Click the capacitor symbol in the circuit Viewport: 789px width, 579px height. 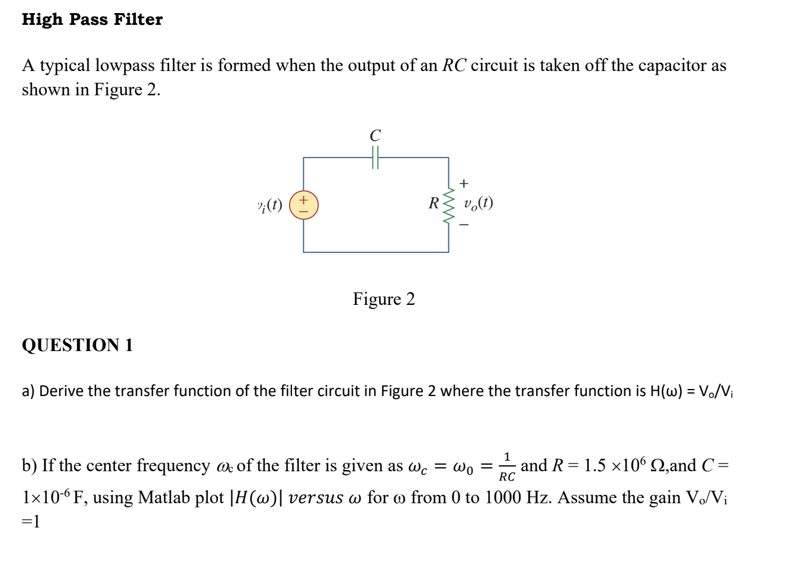[375, 158]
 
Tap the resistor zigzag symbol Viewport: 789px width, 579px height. [449, 205]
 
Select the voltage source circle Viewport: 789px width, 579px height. [303, 205]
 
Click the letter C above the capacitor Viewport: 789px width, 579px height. [375, 136]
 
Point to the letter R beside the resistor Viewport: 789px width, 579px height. [434, 204]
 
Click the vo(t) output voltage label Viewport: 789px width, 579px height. [479, 204]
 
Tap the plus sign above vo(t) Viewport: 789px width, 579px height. [464, 184]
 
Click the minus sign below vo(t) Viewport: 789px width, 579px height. [464, 225]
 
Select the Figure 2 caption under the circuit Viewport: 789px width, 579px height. [384, 299]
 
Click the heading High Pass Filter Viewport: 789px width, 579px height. [92, 20]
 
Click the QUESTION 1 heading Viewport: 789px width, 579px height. [78, 345]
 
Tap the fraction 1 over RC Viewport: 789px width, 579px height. [506, 467]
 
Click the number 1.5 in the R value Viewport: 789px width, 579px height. [595, 466]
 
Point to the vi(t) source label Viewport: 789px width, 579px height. [270, 205]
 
